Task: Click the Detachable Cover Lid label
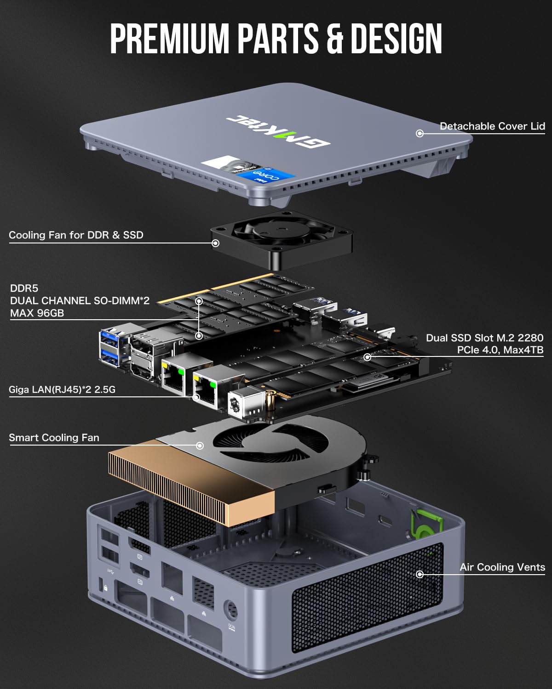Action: tap(492, 126)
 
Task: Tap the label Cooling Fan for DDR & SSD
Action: tap(76, 235)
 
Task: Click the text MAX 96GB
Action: tap(37, 313)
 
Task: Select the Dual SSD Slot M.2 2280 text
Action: tap(484, 338)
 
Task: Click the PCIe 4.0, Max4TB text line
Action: tap(500, 350)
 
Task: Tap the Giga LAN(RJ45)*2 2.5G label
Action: tap(62, 390)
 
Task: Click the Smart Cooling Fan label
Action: tap(54, 438)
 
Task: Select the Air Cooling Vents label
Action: tap(502, 567)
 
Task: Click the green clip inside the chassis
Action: tap(425, 524)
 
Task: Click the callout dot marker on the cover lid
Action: tap(420, 133)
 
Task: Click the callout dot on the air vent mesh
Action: tap(420, 574)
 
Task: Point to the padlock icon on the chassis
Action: tap(105, 588)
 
